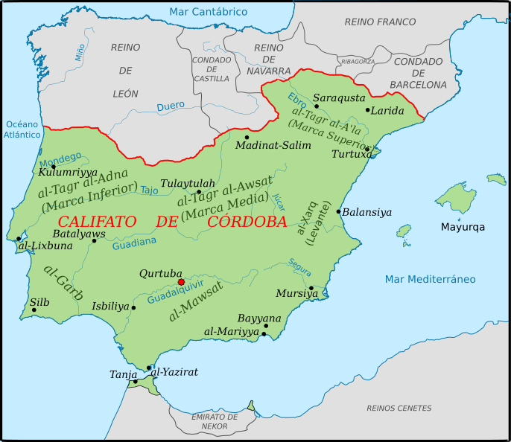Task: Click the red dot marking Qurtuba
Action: (181, 282)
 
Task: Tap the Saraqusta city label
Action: (339, 97)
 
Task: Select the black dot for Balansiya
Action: (338, 212)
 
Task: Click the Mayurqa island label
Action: (462, 226)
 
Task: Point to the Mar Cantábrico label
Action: (208, 12)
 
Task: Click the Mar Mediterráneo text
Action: (430, 279)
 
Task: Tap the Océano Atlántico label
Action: (22, 129)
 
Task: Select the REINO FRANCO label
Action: (380, 22)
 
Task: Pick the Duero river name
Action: (171, 107)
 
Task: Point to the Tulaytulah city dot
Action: (198, 191)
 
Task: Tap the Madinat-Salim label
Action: (273, 145)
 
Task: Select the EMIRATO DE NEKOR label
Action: (214, 422)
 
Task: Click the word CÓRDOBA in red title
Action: (247, 222)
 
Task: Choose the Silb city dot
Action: (34, 310)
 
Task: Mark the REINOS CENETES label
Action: (399, 408)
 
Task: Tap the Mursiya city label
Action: (296, 293)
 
